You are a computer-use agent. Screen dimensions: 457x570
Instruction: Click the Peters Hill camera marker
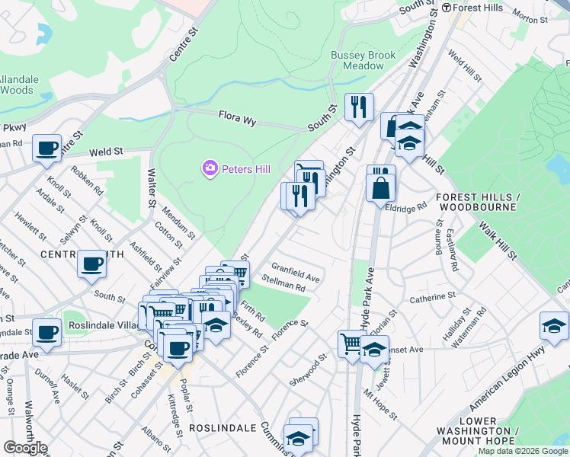pyautogui.click(x=210, y=168)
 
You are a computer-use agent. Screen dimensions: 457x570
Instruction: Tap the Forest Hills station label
pyautogui.click(x=480, y=8)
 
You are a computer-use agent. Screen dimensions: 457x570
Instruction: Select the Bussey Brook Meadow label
pyautogui.click(x=357, y=60)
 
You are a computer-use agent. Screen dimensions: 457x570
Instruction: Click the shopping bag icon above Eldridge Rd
pyautogui.click(x=380, y=186)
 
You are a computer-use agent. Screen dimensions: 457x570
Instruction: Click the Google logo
pyautogui.click(x=24, y=448)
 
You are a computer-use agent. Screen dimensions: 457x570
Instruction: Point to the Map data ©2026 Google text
pyautogui.click(x=523, y=451)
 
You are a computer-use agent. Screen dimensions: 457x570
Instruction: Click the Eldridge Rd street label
pyautogui.click(x=407, y=208)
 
